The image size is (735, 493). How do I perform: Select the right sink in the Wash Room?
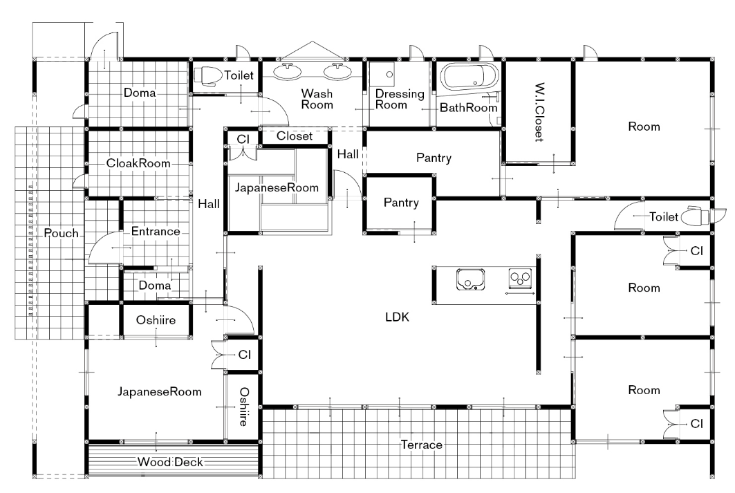coord(337,71)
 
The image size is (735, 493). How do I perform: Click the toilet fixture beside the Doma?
coord(208,75)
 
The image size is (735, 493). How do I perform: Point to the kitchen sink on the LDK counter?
coord(471,279)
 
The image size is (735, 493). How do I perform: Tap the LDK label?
coord(397,317)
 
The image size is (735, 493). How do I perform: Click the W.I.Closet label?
coord(539,112)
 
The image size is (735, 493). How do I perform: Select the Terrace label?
coord(421,445)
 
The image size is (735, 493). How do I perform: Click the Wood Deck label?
coord(170,462)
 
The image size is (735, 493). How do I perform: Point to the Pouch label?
coord(61,233)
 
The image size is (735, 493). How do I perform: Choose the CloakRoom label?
coord(138,163)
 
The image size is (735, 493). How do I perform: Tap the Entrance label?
coord(156,231)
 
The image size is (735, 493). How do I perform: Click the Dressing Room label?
coord(400,99)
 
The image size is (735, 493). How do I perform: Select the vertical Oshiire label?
coord(244,407)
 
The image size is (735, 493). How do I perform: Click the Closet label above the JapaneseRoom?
coord(295,136)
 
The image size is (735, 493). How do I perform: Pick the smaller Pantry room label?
coord(401,203)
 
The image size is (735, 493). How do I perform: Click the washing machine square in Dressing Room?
coord(382,73)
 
